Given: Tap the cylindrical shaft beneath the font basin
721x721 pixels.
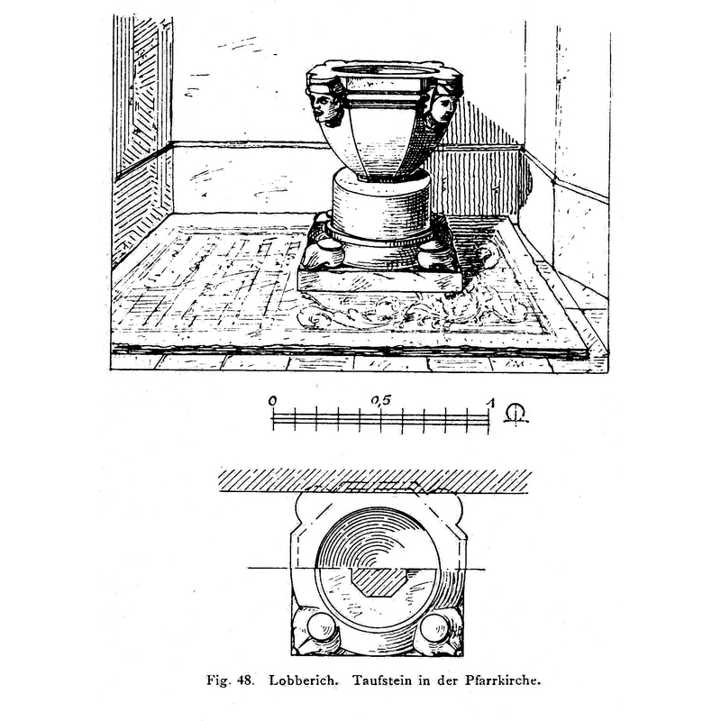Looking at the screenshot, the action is pyautogui.click(x=381, y=204).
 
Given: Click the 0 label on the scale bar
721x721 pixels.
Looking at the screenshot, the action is pyautogui.click(x=273, y=401).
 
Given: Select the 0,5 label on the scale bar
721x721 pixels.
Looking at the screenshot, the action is pyautogui.click(x=380, y=400).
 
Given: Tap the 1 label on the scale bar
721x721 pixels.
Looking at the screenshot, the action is pyautogui.click(x=491, y=403).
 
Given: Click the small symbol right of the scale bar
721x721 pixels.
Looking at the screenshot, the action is pyautogui.click(x=516, y=414).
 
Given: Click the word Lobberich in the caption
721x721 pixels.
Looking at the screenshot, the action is pyautogui.click(x=304, y=680).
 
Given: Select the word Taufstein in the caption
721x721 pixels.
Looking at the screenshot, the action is pyautogui.click(x=382, y=680).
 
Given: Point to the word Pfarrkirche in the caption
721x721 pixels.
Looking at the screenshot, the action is pyautogui.click(x=503, y=680).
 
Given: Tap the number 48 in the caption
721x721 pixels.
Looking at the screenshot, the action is pyautogui.click(x=245, y=680).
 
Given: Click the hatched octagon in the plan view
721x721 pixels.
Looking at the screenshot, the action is pyautogui.click(x=378, y=581).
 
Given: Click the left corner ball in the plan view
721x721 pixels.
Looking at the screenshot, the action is pyautogui.click(x=322, y=626).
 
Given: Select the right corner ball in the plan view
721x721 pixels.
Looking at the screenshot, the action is pyautogui.click(x=434, y=626).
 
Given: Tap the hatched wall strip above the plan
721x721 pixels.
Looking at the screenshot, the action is pyautogui.click(x=375, y=481).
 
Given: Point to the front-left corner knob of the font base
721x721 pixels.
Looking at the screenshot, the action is pyautogui.click(x=322, y=256).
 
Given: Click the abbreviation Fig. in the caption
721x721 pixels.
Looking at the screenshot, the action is pyautogui.click(x=217, y=680).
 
